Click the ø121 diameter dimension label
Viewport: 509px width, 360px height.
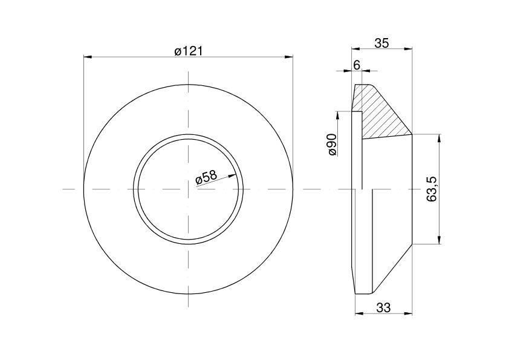[x=188, y=51]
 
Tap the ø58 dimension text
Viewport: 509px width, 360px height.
[x=206, y=177]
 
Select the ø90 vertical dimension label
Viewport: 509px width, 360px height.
[x=332, y=144]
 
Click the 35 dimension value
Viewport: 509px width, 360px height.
[x=381, y=43]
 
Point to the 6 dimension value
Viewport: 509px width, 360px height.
[x=357, y=65]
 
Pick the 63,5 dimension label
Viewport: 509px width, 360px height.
[x=432, y=189]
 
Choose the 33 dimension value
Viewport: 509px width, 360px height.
[x=383, y=307]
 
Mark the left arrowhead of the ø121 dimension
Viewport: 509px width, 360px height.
[x=88, y=57]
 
